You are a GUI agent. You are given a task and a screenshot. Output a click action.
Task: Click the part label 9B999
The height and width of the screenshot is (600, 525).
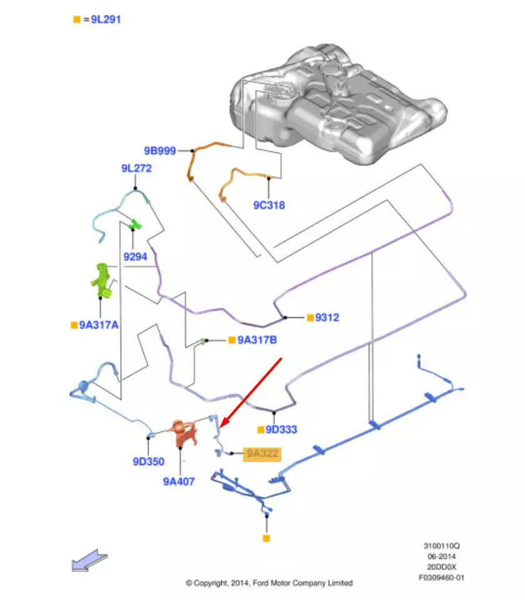159,150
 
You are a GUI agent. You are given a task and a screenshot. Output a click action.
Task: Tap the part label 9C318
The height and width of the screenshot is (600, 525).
269,205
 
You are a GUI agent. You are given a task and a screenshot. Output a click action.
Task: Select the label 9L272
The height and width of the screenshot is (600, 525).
136,168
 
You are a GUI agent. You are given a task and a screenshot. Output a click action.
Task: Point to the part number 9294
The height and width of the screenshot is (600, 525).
134,257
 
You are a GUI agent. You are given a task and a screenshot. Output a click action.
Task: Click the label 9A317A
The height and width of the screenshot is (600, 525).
98,325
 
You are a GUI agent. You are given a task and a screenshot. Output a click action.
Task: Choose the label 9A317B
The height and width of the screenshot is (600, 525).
256,340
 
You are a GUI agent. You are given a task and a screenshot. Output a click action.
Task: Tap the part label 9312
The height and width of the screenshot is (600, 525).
326,318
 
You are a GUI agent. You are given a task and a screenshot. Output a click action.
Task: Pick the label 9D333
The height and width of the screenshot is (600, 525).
281,430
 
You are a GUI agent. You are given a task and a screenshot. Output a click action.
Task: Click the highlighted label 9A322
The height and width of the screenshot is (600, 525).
262,454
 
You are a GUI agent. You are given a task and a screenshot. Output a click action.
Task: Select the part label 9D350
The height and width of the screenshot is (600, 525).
148,462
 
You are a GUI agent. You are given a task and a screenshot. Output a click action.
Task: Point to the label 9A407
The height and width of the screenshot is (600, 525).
179,481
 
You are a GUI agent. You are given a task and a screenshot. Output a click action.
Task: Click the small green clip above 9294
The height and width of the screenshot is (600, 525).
135,224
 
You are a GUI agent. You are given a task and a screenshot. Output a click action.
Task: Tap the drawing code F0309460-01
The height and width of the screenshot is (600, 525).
441,578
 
